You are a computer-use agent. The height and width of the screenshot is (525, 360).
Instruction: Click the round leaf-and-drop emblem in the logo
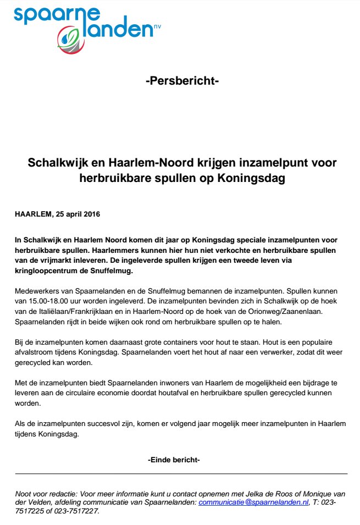(70, 38)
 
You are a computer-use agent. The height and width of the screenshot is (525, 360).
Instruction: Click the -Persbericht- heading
(182, 82)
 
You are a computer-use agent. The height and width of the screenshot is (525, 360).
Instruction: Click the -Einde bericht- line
(174, 460)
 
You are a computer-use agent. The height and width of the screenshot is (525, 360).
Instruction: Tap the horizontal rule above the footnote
(181, 473)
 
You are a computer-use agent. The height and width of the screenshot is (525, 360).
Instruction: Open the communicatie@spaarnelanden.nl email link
(253, 502)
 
